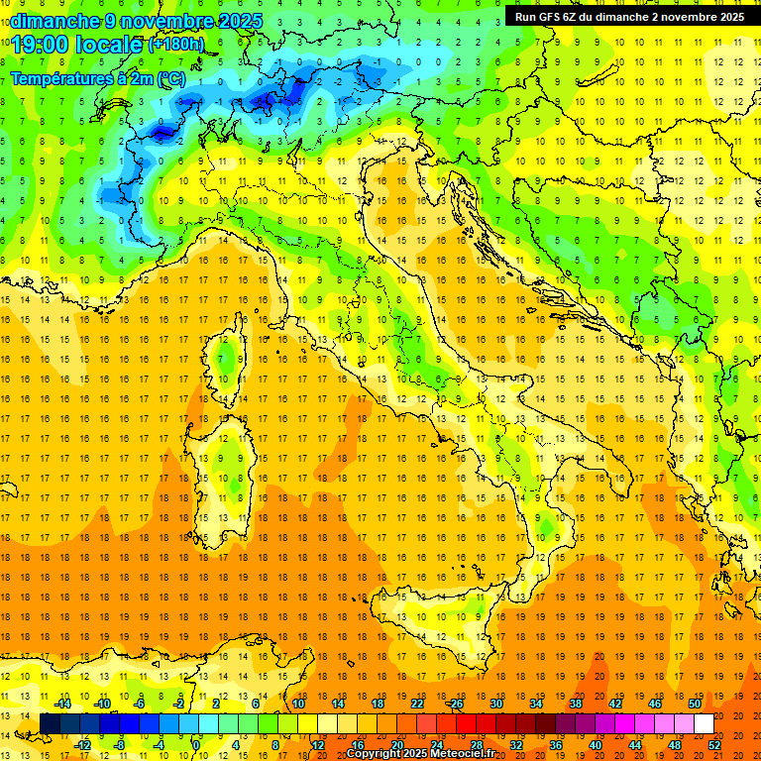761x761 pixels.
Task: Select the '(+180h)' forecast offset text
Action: tap(175, 45)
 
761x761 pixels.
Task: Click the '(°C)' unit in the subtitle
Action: tap(169, 78)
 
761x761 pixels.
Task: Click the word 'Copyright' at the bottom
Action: tap(371, 754)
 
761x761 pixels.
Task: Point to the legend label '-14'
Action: tap(63, 704)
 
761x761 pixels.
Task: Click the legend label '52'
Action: tap(714, 745)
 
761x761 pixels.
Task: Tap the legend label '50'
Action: tap(694, 704)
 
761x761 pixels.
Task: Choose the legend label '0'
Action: tap(196, 745)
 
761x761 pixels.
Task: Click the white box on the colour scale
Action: tap(704, 723)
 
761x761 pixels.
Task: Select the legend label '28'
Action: tap(477, 745)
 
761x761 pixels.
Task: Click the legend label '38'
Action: tap(576, 704)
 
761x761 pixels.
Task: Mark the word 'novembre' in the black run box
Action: tap(685, 17)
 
